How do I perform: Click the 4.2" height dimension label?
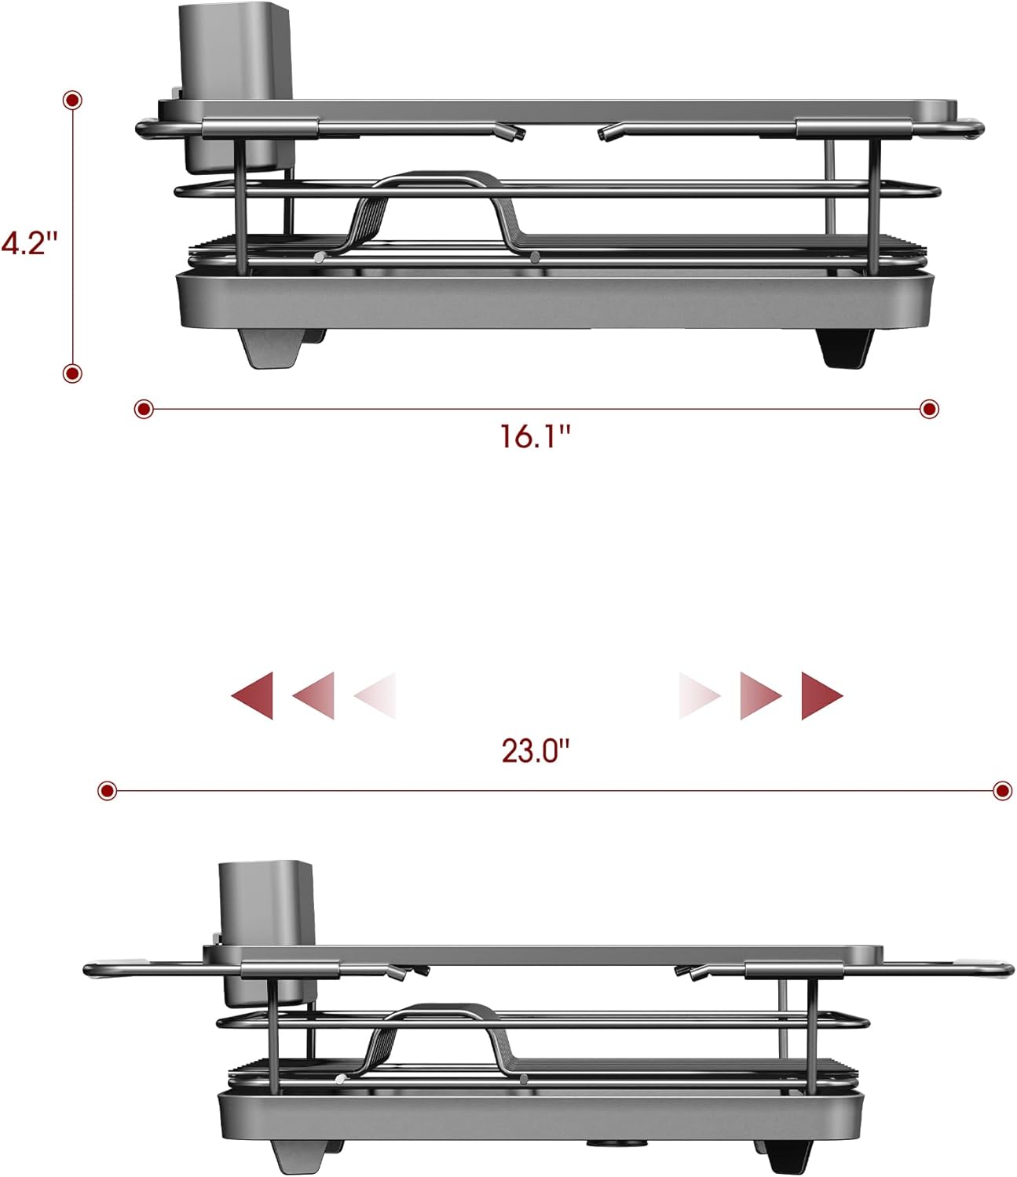30,242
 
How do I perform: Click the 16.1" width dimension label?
535,435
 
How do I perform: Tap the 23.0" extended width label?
535,751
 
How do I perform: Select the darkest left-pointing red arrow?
254,695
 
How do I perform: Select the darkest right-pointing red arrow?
821,695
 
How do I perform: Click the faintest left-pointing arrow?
377,695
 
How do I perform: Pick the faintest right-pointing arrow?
698,695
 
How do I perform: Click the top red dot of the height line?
73,100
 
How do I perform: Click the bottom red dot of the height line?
72,373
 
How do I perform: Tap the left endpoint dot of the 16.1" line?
144,409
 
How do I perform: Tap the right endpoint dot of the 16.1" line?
930,409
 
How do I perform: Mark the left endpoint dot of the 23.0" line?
108,790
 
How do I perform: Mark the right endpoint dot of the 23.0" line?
1002,790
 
